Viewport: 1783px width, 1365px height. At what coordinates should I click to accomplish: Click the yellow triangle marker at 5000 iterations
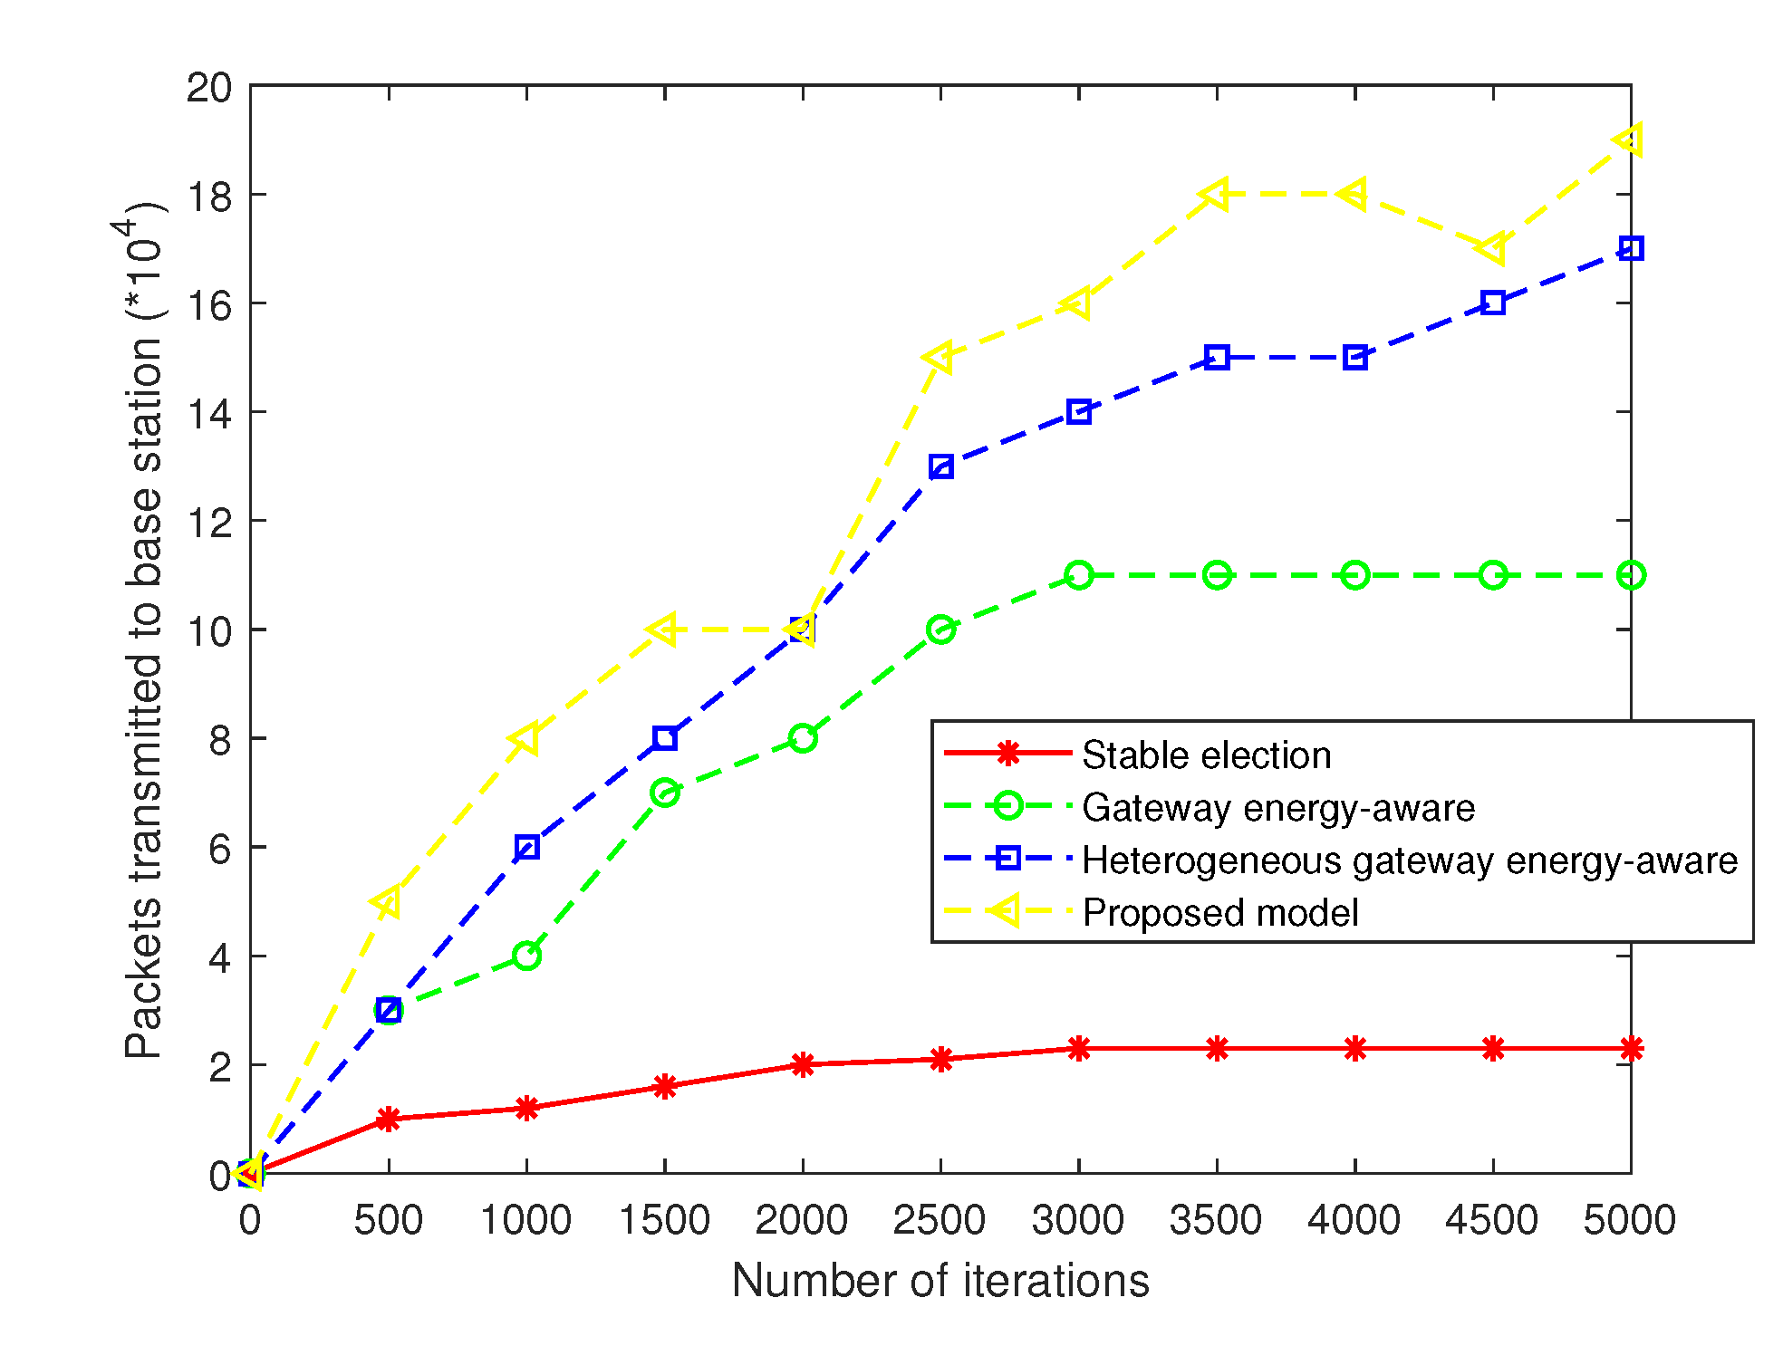[x=1629, y=140]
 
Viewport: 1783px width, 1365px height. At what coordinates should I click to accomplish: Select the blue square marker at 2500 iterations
[x=940, y=466]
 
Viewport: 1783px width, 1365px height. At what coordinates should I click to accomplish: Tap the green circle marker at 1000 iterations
[x=526, y=956]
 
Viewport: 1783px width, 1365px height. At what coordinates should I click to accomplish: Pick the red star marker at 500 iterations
[x=389, y=1119]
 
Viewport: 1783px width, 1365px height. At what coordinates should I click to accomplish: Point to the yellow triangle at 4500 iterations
[x=1491, y=248]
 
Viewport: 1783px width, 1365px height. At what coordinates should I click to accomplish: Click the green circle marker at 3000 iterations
[x=1078, y=575]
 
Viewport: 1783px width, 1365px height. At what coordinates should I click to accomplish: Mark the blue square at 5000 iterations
[x=1630, y=248]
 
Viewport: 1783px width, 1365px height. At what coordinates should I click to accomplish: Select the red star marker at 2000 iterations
[x=803, y=1064]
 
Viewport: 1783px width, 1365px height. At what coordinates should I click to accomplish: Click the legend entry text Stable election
[x=1206, y=755]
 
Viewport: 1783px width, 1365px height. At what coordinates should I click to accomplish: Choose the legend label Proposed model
[x=1219, y=912]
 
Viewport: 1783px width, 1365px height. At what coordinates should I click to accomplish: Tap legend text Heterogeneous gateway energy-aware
[x=1409, y=860]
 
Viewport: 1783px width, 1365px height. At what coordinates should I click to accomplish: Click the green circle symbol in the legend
[x=1007, y=806]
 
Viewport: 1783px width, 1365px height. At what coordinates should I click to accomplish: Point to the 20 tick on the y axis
[x=209, y=88]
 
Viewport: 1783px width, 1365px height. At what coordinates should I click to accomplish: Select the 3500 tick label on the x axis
[x=1216, y=1220]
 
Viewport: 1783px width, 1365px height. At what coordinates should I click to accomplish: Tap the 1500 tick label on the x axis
[x=664, y=1220]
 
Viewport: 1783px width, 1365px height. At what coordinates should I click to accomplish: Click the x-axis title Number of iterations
[x=940, y=1281]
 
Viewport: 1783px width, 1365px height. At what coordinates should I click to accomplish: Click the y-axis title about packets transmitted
[x=143, y=630]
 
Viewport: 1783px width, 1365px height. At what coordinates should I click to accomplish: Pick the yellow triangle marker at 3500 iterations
[x=1215, y=195]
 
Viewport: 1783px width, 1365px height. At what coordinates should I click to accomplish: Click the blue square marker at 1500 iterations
[x=664, y=738]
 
